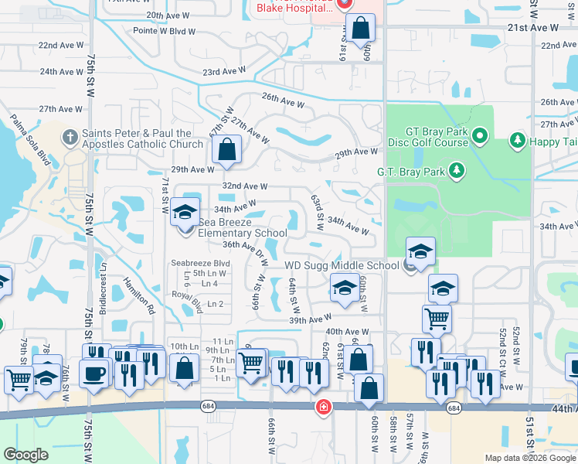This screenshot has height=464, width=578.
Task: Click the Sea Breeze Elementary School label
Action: click(243, 227)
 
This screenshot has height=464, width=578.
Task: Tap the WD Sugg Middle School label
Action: click(342, 265)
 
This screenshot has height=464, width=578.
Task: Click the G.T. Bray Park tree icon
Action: click(456, 169)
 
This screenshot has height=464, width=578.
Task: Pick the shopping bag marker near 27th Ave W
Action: click(227, 149)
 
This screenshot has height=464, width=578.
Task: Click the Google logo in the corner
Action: click(25, 455)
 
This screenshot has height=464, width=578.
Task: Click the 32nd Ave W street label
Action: click(245, 186)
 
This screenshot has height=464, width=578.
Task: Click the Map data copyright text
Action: click(530, 458)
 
